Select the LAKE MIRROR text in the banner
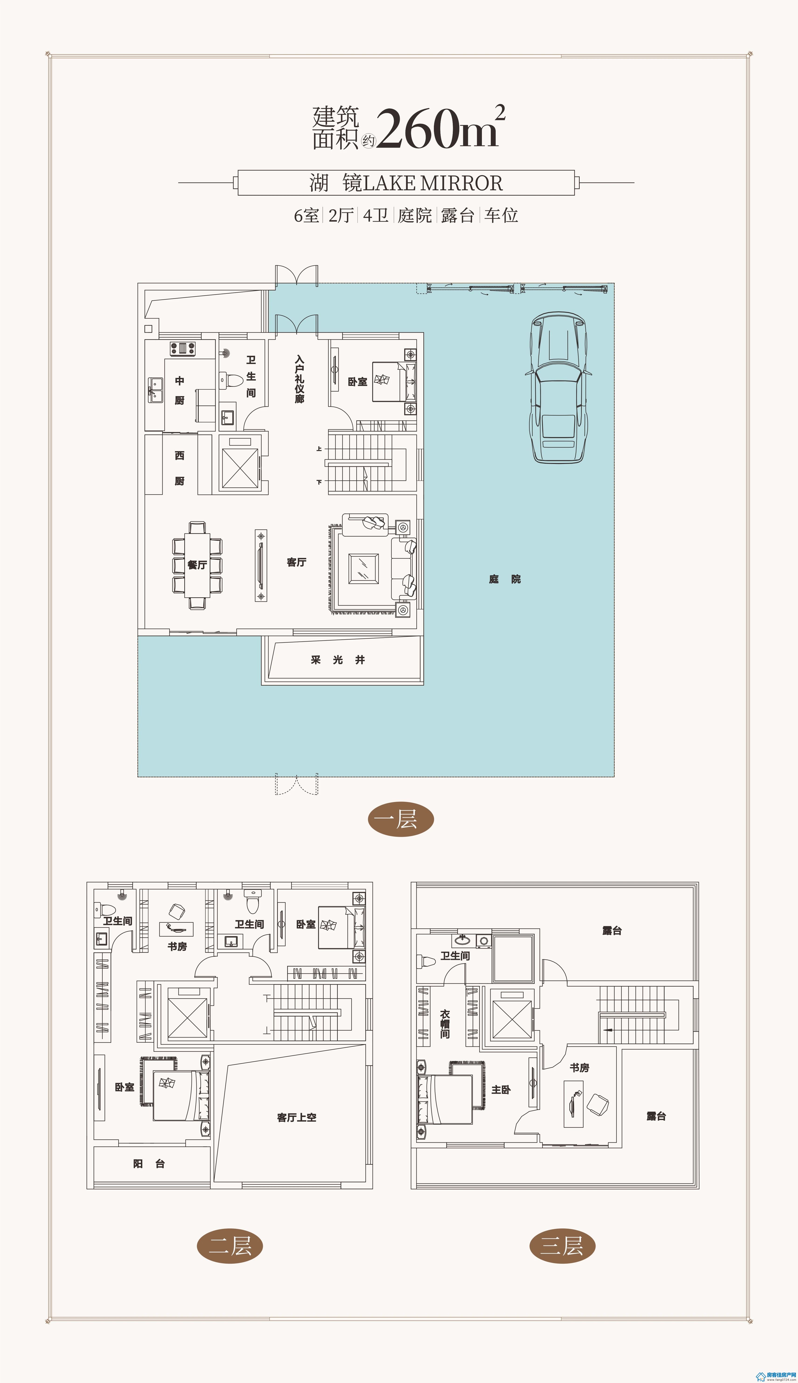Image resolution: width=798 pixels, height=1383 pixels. pos(433,183)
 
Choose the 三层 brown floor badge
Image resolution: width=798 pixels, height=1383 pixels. pos(562,1246)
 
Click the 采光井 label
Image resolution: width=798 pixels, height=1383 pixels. pos(338,660)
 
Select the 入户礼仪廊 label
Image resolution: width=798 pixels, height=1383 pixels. pos(299,379)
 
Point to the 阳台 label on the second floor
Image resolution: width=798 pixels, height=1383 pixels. pos(149,1164)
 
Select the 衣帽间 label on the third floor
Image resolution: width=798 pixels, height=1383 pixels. pos(445,1024)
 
